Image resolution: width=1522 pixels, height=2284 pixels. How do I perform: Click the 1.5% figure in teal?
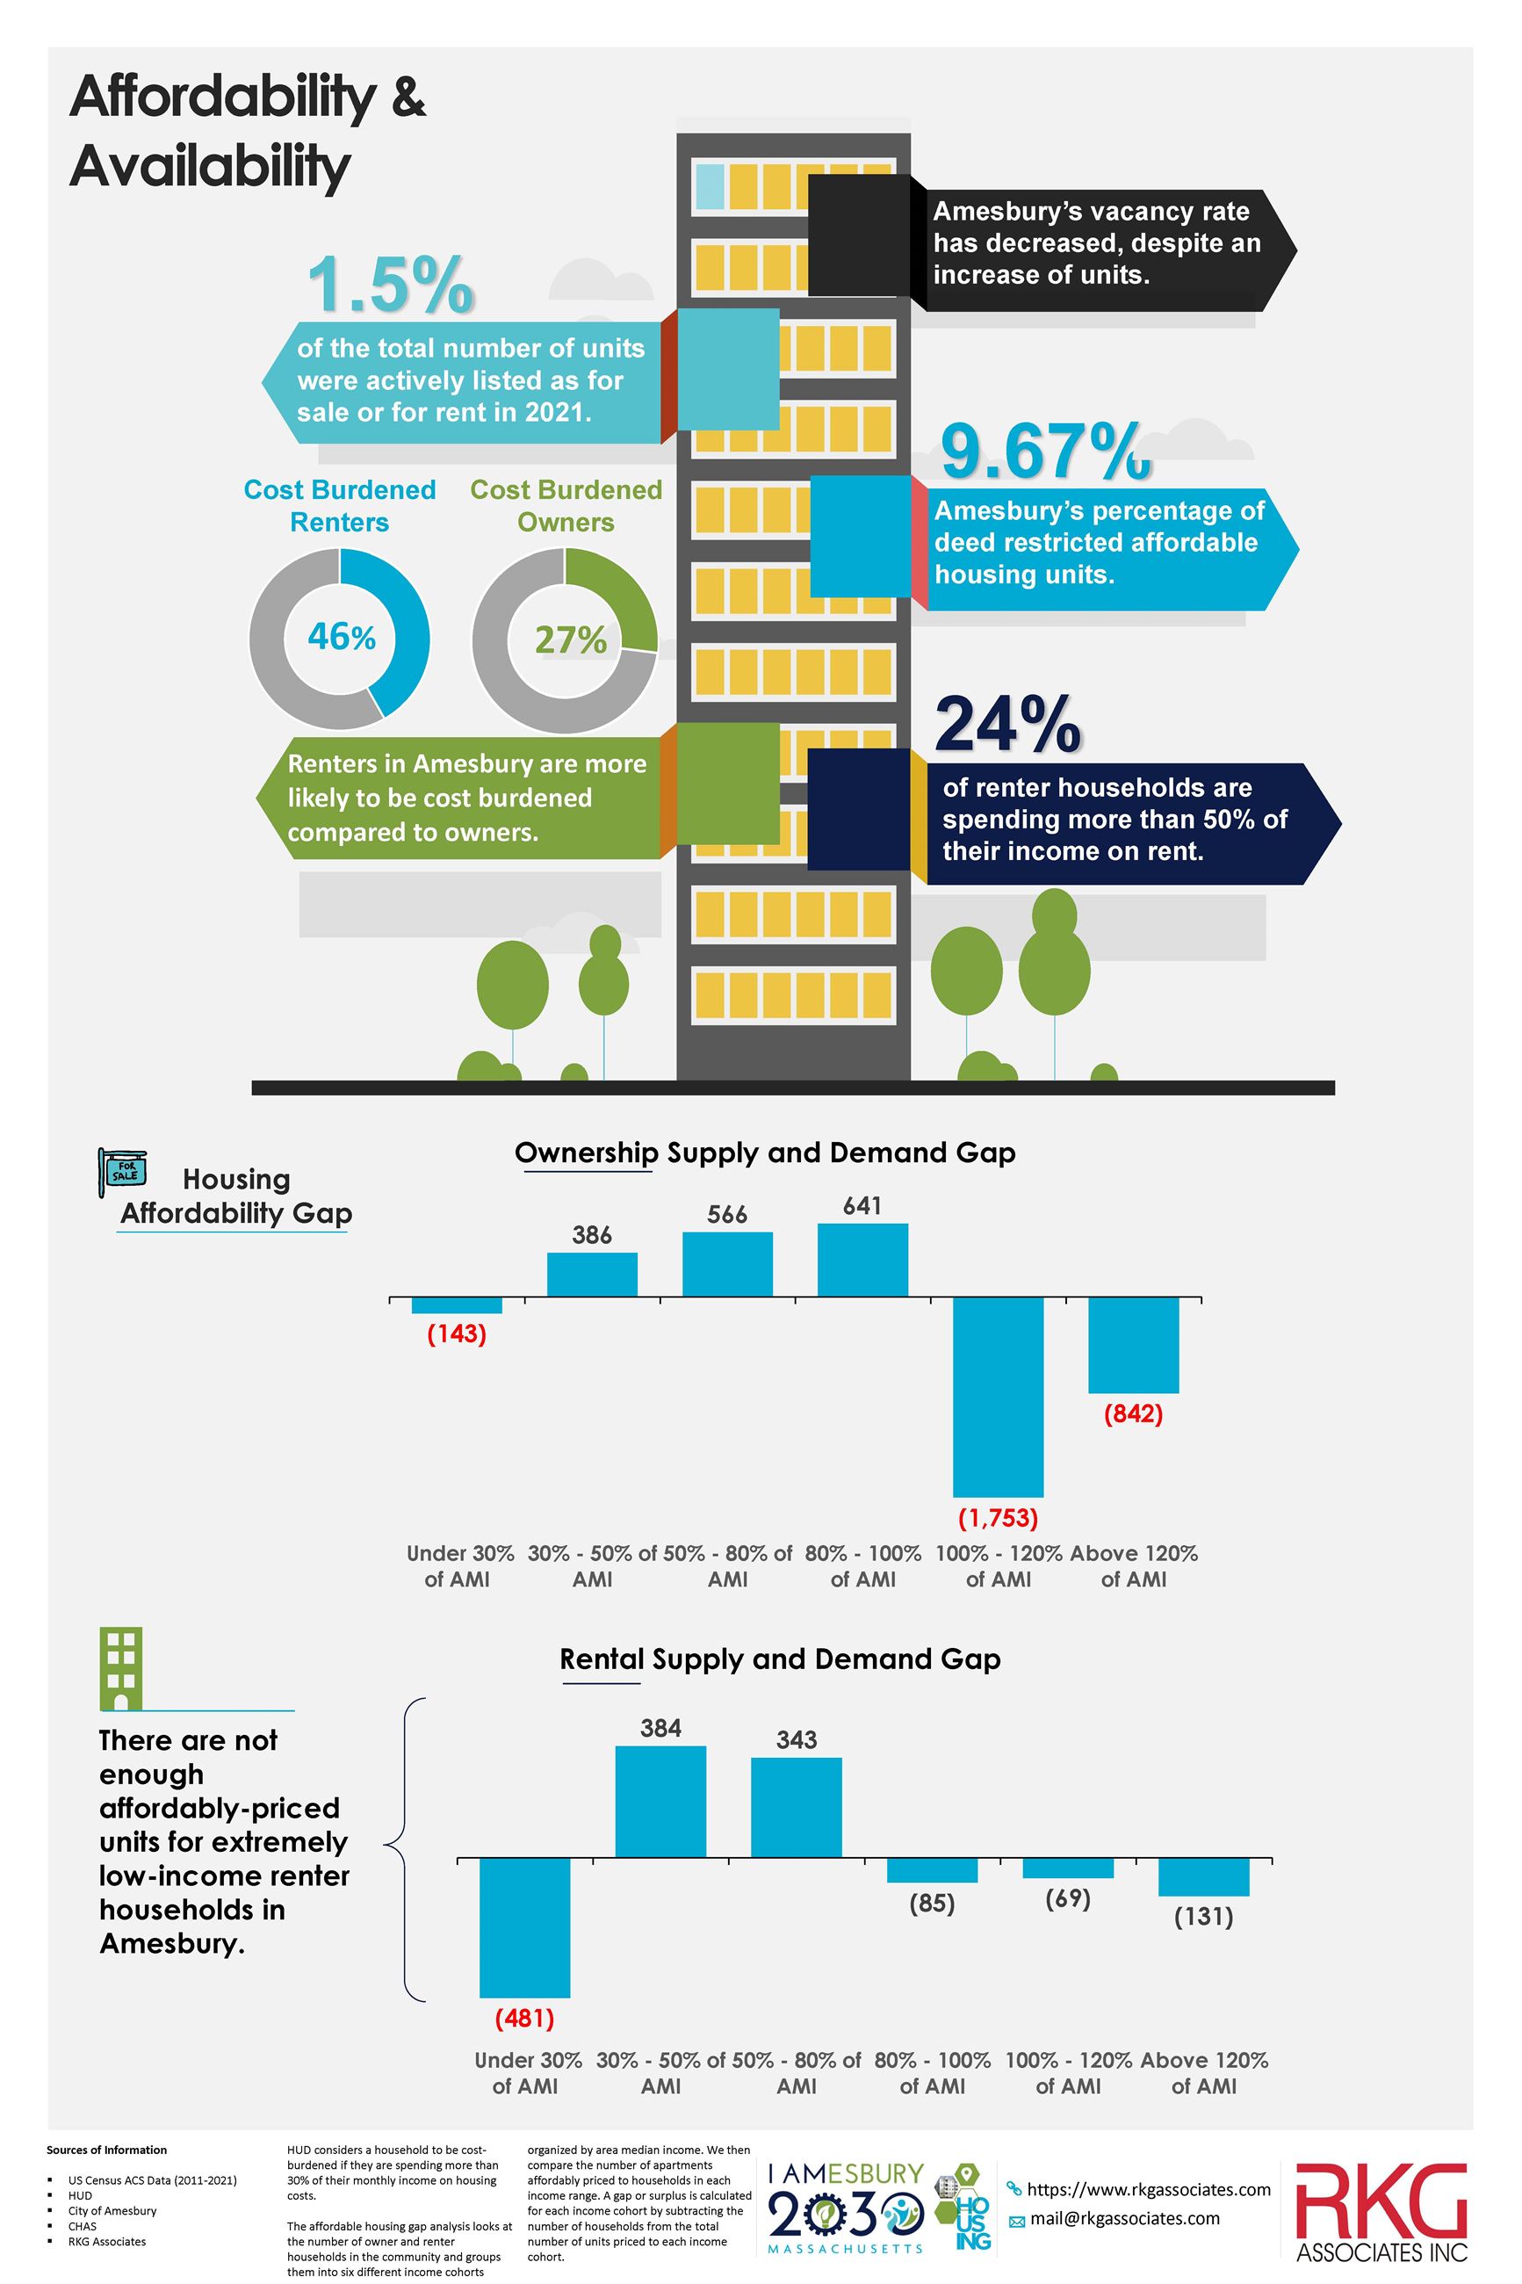coord(390,285)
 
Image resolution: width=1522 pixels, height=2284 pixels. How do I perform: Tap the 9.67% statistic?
coord(1044,453)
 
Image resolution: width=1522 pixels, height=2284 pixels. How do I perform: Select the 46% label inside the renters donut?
coord(341,637)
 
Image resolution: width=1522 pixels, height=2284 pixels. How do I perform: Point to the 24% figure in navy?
coord(1006,724)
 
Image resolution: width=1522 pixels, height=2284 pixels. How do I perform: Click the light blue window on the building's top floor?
coord(710,187)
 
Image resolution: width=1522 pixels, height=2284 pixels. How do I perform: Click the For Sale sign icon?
coord(123,1172)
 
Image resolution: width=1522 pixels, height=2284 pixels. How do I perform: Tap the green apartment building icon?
coord(121,1668)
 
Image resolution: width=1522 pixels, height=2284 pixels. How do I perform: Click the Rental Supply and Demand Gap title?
coord(779,1659)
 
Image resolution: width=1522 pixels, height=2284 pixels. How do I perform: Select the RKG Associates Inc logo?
coord(1381,2212)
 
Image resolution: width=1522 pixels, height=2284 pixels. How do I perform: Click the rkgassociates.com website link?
coord(1147,2189)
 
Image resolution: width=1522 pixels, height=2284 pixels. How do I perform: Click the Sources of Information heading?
coord(107,2150)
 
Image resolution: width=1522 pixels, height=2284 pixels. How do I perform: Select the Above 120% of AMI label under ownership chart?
coord(1133,1565)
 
